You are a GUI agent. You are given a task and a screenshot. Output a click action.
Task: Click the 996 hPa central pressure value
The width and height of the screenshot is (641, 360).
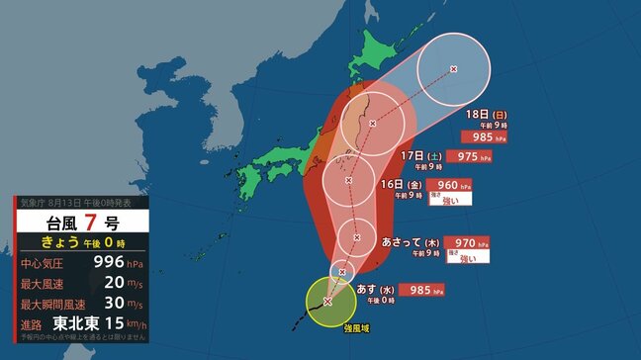(106, 262)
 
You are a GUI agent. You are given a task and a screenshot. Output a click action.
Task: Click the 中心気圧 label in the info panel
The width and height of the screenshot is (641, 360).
(45, 263)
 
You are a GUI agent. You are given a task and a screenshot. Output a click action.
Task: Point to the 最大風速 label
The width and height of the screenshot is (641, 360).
(45, 282)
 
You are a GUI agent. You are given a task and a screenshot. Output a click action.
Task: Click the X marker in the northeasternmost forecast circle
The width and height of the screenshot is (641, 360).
(453, 69)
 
